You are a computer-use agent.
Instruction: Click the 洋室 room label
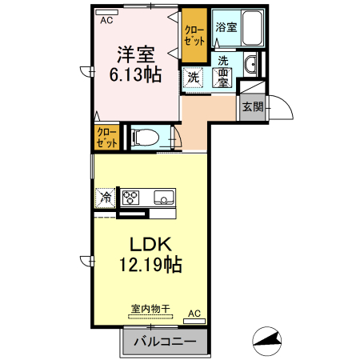coord(136,54)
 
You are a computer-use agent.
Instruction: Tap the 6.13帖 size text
coord(135,74)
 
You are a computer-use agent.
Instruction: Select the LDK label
coord(150,244)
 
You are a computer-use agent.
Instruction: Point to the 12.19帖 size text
coord(150,265)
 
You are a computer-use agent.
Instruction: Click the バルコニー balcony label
coord(165,342)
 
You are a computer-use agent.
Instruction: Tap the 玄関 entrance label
coord(253,107)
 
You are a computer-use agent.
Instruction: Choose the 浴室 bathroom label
coord(226,27)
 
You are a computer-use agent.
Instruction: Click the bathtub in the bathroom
coord(251,28)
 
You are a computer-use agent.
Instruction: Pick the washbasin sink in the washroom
coord(250,64)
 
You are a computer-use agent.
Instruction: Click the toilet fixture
coord(146,138)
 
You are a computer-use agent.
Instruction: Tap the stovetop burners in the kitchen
coord(130,198)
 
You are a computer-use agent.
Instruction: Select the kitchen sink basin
coord(164,198)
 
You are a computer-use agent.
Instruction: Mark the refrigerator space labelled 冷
coord(106,198)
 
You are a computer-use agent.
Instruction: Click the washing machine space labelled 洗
coord(193,77)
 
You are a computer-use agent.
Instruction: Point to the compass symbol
coord(267,341)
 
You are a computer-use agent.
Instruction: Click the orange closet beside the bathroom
coord(194,35)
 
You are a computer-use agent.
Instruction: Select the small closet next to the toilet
coord(106,137)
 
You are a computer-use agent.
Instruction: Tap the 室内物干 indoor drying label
coord(150,309)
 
